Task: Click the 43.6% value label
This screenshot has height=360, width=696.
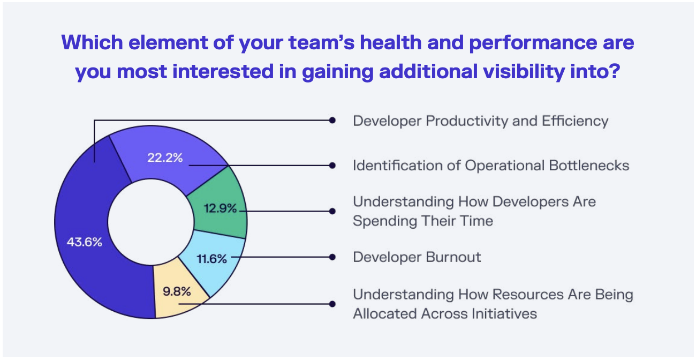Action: [84, 242]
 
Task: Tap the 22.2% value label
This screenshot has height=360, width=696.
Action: [165, 157]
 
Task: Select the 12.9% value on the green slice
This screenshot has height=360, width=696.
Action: [220, 208]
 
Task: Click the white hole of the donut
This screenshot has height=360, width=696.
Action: [150, 221]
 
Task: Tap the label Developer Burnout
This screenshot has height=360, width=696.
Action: [417, 257]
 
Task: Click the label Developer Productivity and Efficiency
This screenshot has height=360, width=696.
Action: [480, 121]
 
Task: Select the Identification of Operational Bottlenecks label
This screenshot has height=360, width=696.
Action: [490, 166]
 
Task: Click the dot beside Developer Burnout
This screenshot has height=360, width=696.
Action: [332, 257]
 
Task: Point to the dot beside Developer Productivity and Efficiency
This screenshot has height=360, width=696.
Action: [332, 121]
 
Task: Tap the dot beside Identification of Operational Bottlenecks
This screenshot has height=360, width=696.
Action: [332, 166]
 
